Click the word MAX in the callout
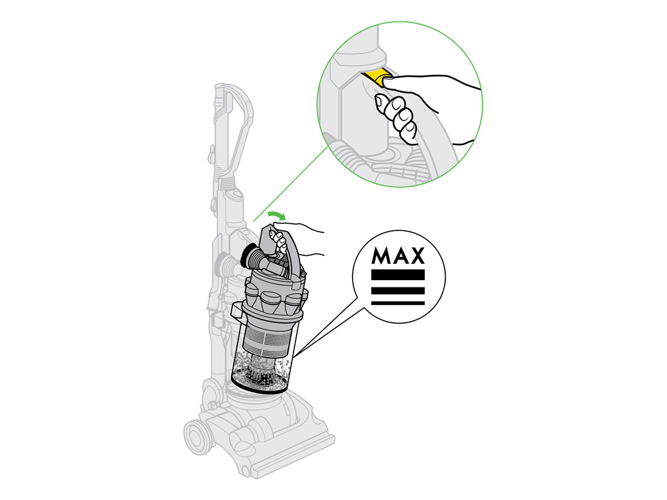[x=398, y=255]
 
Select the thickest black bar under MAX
[x=398, y=275]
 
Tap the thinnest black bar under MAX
[x=398, y=303]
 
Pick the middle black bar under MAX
[x=398, y=291]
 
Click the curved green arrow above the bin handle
[x=276, y=215]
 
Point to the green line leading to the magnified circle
[x=291, y=184]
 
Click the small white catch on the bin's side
[x=236, y=311]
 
